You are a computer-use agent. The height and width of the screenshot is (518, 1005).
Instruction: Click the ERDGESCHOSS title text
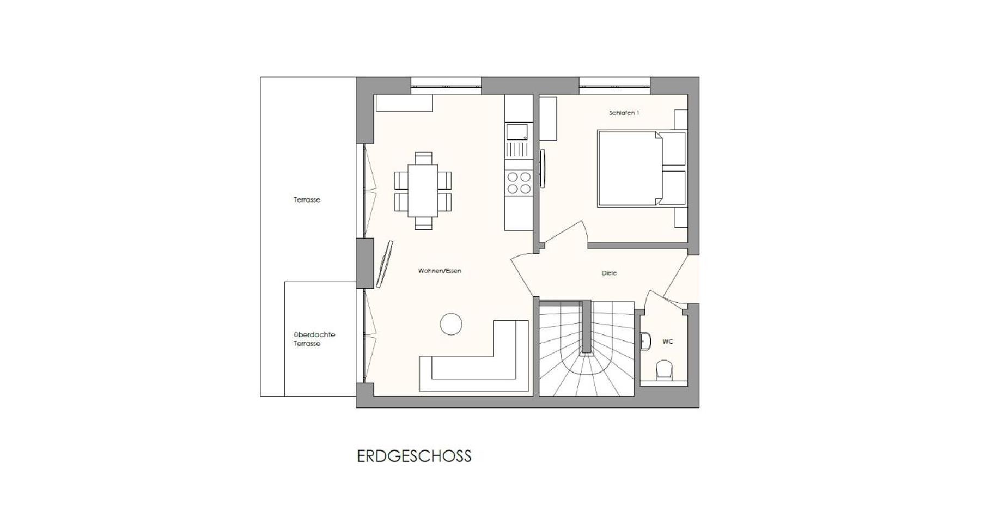pos(414,456)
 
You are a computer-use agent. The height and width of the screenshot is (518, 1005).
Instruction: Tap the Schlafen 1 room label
pos(624,113)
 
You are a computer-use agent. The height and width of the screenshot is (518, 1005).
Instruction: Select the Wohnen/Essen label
pos(440,271)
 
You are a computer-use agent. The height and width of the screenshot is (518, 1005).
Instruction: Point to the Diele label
pos(609,273)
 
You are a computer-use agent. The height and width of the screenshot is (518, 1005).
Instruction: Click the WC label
pos(668,342)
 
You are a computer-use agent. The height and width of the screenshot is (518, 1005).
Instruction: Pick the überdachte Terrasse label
pos(314,339)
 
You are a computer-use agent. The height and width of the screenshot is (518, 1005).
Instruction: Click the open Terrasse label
pos(307,200)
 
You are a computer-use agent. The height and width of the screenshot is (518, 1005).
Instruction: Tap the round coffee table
pos(451,324)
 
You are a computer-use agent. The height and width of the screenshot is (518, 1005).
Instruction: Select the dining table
pos(423,190)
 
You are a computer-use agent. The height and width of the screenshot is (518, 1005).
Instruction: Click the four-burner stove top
pos(519,182)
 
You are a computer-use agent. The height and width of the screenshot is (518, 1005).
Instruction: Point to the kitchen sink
pos(517,132)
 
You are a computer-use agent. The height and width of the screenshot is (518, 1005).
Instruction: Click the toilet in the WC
pos(664,370)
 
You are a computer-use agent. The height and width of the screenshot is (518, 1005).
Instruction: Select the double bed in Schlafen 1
pos(642,168)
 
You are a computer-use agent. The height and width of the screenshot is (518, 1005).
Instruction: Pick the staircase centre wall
pos(586,326)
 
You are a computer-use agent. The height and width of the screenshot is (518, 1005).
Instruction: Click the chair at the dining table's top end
pos(423,158)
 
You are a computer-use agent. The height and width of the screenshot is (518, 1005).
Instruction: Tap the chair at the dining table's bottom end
pos(423,223)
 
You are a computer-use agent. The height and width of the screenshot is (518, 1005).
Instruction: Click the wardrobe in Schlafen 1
pos(548,119)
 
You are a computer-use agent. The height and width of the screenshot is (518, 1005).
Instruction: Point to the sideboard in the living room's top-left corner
pos(404,103)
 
